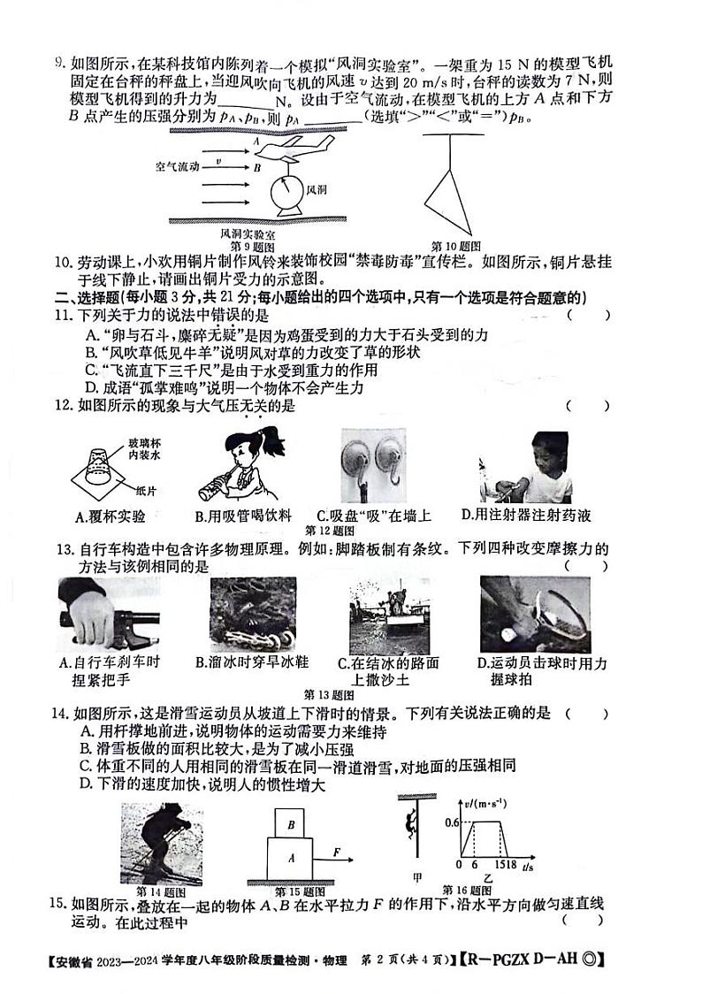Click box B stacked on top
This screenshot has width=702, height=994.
coord(290,822)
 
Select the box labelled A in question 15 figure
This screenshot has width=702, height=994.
coord(291,857)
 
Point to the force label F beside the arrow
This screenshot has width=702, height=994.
coord(337,851)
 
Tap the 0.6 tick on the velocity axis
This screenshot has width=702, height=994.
coord(451,822)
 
